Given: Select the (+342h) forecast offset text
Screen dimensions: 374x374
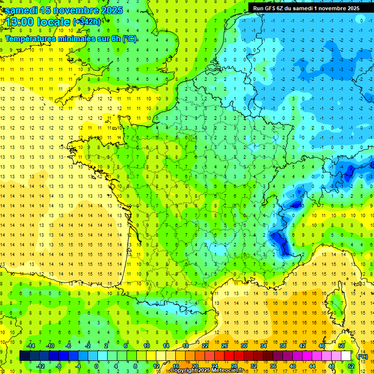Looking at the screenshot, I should point(86,21).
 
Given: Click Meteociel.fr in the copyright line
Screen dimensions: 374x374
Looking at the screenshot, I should point(230,371).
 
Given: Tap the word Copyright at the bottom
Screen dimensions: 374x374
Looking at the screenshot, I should point(184,371).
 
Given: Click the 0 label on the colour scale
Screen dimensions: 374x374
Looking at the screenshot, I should point(96,366).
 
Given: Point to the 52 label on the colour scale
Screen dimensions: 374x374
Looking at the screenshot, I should point(351,366).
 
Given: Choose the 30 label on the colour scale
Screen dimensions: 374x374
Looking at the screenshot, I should point(244,346).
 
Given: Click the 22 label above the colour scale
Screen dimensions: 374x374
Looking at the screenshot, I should point(205,346).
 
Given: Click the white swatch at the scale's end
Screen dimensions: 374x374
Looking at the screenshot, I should point(346,355).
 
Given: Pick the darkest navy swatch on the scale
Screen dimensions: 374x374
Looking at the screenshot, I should point(25,355).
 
